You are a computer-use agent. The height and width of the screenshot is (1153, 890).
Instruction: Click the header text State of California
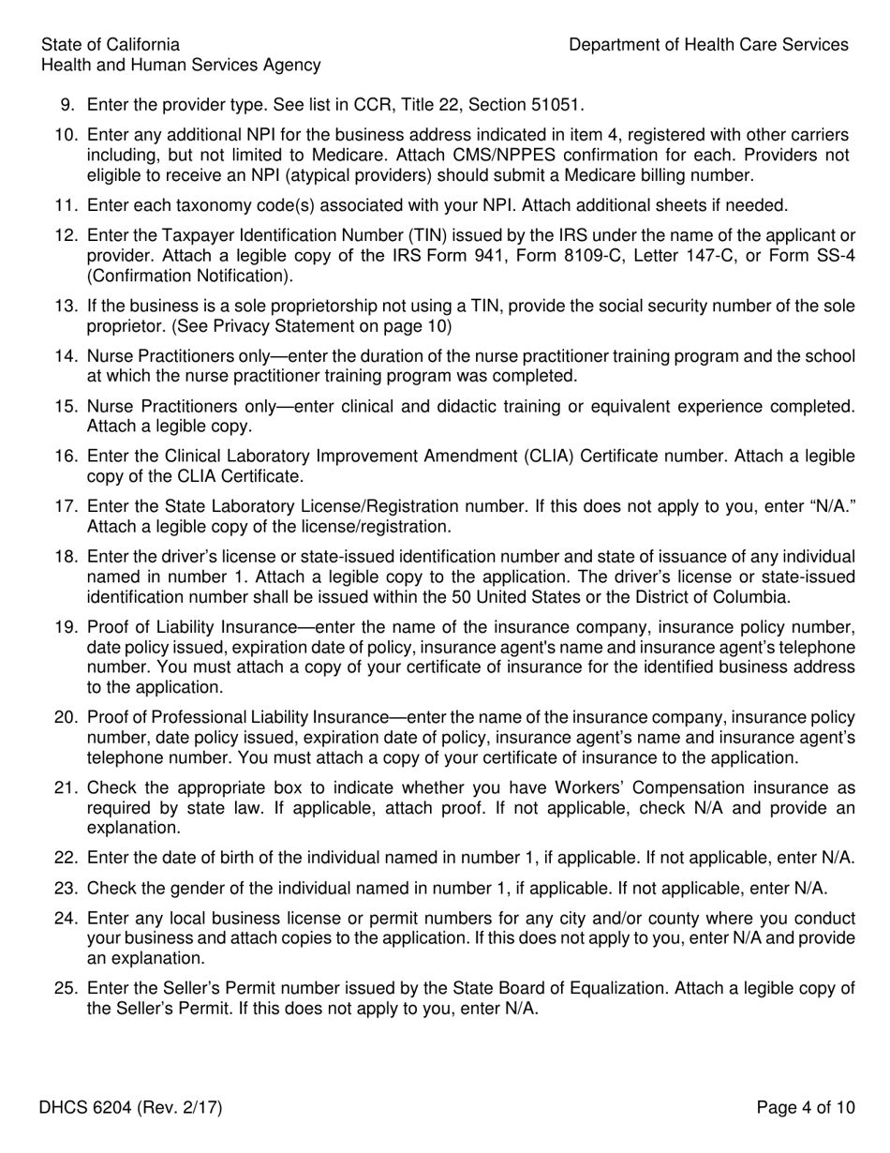[x=111, y=45]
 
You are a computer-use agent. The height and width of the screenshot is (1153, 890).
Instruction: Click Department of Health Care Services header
[x=708, y=45]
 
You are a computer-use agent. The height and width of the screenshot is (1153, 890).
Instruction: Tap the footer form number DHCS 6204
[x=130, y=1108]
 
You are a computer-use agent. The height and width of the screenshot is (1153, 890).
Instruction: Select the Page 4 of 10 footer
[x=806, y=1108]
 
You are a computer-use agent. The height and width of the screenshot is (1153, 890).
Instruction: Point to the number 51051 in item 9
[x=560, y=105]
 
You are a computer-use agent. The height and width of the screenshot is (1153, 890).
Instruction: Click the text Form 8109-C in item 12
[x=574, y=256]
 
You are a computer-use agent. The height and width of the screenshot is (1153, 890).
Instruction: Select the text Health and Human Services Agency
[x=181, y=66]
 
